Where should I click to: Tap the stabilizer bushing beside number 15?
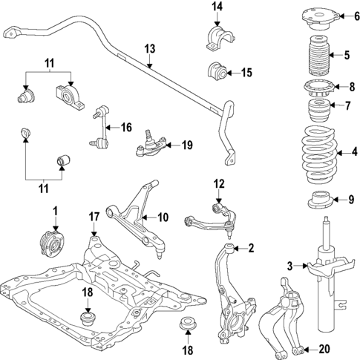(216, 72)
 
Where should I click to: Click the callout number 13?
(149, 49)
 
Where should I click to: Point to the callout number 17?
(94, 217)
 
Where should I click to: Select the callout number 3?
(290, 265)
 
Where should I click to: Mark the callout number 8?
(342, 86)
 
